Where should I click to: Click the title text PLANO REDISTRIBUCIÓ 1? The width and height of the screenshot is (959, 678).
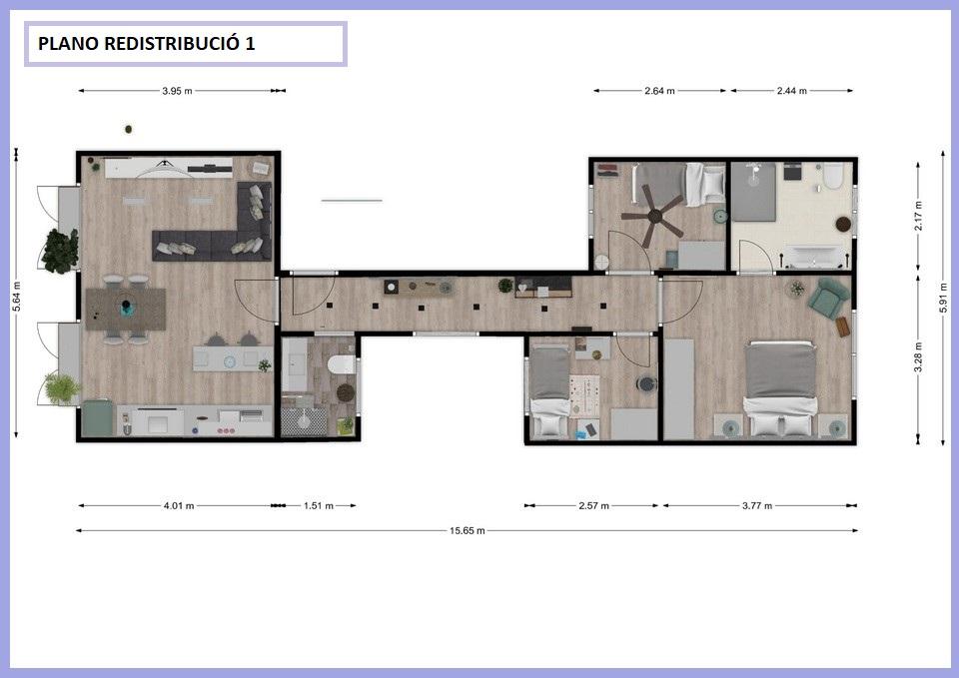tap(146, 43)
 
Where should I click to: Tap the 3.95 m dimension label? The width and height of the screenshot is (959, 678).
tap(177, 91)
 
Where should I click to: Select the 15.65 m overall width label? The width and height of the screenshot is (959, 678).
tap(468, 530)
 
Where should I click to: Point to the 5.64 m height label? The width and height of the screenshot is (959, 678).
tap(17, 296)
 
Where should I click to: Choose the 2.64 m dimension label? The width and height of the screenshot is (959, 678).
tap(659, 91)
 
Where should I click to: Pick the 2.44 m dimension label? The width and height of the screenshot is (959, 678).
tap(791, 91)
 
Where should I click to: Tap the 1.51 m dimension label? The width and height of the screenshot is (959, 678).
tap(319, 505)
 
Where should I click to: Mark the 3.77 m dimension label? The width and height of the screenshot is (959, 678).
tap(757, 505)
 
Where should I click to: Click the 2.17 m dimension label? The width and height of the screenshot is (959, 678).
tap(918, 216)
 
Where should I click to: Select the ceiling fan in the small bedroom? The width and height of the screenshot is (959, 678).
tap(653, 215)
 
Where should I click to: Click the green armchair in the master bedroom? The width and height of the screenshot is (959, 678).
tap(829, 297)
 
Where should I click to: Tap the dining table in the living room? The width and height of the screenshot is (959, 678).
tap(126, 309)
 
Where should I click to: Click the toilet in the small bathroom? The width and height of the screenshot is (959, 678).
tap(342, 365)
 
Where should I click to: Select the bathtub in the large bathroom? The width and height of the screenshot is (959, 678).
tap(816, 257)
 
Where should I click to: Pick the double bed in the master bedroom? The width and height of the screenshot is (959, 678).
tap(780, 389)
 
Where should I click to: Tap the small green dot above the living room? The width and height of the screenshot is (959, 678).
tap(129, 129)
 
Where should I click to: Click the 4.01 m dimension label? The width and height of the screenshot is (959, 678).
tap(179, 505)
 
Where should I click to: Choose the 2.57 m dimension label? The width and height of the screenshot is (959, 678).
tap(593, 505)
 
